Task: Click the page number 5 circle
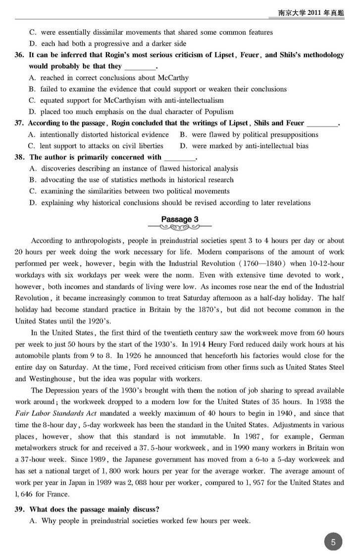click(333, 542)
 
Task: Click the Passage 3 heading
click(180, 219)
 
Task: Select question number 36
click(21, 56)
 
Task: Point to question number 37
click(21, 123)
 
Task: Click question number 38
click(21, 157)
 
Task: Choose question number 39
click(21, 509)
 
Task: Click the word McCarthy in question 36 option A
click(173, 78)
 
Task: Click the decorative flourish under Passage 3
click(180, 228)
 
